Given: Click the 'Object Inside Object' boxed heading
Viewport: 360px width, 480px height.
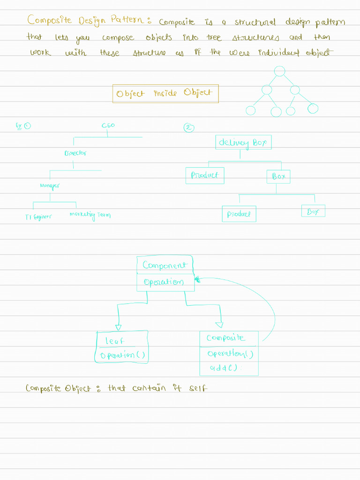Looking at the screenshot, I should [165, 93].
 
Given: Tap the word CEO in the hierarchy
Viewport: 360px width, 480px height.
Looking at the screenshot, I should [108, 126].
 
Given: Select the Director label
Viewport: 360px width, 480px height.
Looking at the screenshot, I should [75, 153].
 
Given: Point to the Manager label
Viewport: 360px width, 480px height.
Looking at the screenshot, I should [50, 186].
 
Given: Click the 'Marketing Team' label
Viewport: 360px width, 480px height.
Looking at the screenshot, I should [90, 215].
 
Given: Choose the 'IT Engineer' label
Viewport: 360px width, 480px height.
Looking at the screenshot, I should [38, 217].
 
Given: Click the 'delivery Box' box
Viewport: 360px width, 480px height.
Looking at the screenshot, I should [243, 142].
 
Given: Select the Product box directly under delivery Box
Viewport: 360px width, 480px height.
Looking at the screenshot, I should [205, 175].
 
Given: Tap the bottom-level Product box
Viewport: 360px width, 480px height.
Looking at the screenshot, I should [239, 214].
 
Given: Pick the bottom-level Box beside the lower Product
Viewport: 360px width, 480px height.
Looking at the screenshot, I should [313, 211].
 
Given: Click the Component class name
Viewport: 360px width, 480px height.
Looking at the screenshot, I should [165, 265].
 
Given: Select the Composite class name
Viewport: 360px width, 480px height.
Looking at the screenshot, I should [225, 338].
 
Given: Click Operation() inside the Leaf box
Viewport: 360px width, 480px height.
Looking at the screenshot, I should [122, 355].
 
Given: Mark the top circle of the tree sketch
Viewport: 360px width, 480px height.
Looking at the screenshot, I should [279, 71].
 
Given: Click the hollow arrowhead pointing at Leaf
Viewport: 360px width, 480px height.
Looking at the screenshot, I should [118, 327].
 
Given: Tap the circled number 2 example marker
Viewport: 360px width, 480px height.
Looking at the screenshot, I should [190, 127].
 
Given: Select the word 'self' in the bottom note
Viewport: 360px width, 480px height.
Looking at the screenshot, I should [197, 388].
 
